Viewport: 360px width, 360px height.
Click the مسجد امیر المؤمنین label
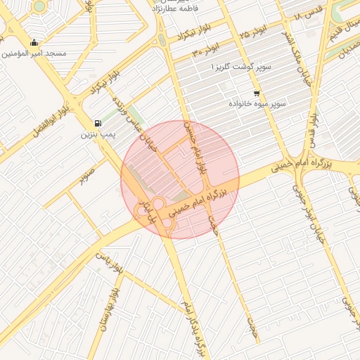[x=34, y=53]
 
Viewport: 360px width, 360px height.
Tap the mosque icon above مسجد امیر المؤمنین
[x=34, y=42]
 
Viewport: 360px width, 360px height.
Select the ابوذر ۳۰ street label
[x=204, y=51]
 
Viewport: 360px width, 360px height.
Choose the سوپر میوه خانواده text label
[x=257, y=103]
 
